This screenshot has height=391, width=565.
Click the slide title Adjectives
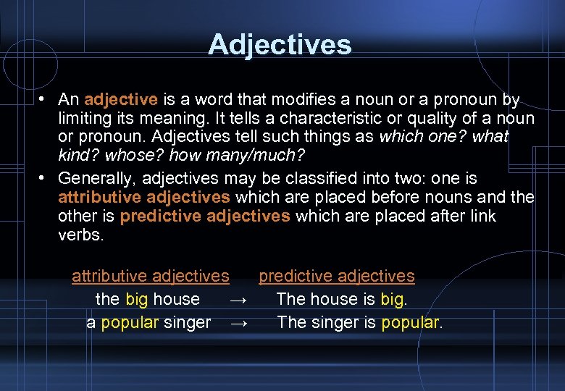click(280, 45)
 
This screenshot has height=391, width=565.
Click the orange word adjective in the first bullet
click(120, 99)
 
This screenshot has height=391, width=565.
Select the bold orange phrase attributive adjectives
click(144, 197)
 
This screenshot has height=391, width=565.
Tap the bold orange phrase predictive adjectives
click(205, 216)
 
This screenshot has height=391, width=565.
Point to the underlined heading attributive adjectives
click(151, 276)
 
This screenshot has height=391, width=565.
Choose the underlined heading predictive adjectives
click(337, 276)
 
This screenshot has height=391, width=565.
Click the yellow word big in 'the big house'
click(137, 299)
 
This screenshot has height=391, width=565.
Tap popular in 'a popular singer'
click(130, 322)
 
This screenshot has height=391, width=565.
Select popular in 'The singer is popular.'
click(410, 322)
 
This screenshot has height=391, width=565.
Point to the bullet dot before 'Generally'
click(44, 177)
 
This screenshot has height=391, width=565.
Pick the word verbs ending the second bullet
click(81, 235)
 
